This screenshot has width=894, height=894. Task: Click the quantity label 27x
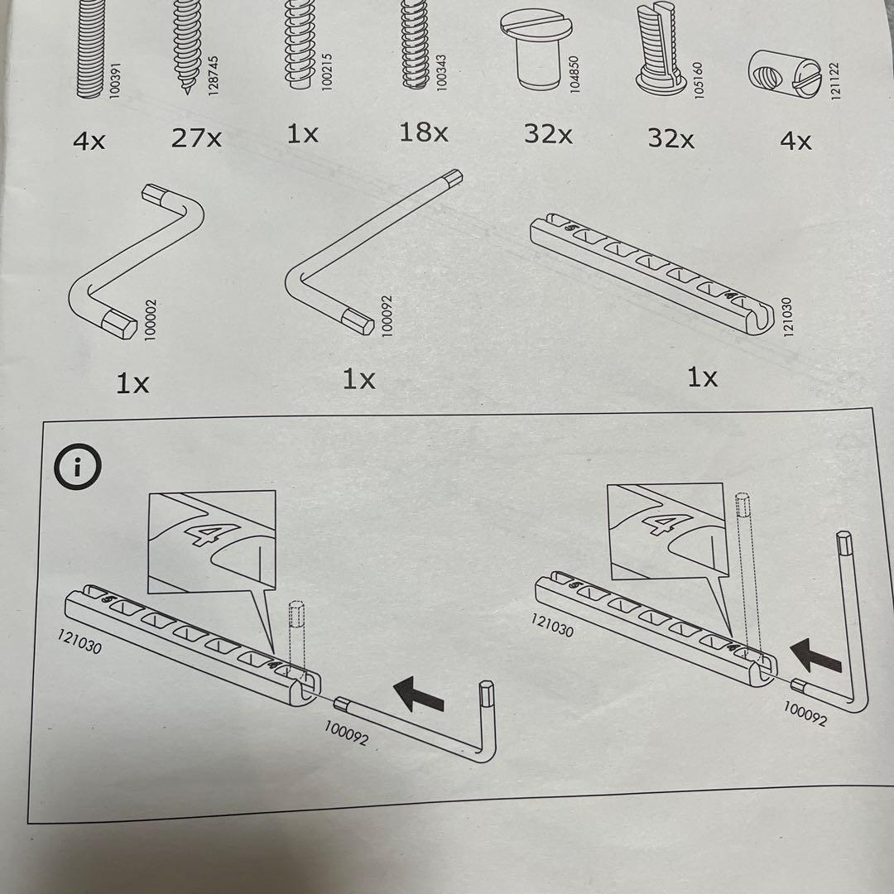[x=197, y=137]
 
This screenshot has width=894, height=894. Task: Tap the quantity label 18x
[x=424, y=132]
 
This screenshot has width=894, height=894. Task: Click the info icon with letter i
[x=76, y=468]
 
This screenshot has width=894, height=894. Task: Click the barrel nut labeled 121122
[x=777, y=71]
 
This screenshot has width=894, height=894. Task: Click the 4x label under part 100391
[x=89, y=142]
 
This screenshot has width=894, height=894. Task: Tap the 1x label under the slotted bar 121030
[x=702, y=377]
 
